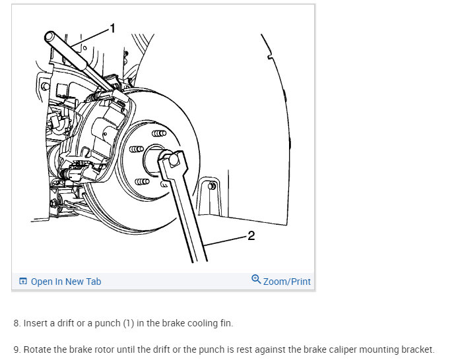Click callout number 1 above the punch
click(112, 28)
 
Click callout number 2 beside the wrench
click(251, 235)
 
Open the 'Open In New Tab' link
click(66, 282)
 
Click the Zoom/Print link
click(286, 282)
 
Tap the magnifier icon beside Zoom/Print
click(256, 280)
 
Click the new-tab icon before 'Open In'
click(23, 282)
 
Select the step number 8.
click(16, 324)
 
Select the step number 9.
click(16, 349)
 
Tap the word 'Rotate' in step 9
click(36, 349)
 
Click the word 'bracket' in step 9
click(418, 349)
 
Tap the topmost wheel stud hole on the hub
click(158, 133)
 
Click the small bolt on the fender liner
click(211, 186)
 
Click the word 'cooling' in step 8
click(199, 324)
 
